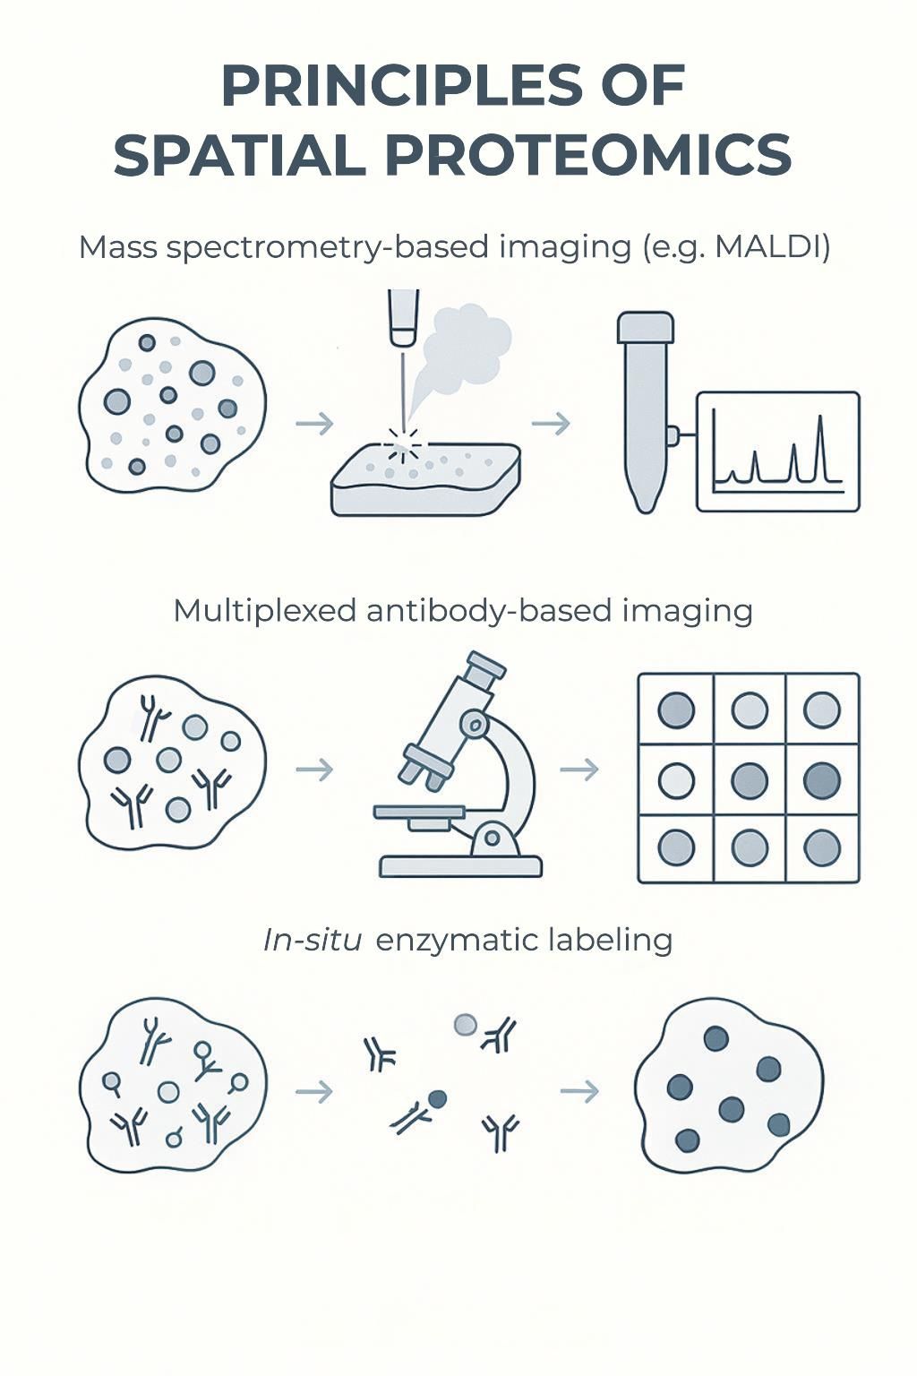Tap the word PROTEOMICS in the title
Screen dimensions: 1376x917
(x=588, y=155)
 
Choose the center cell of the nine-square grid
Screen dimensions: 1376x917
(x=749, y=779)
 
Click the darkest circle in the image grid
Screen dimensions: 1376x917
(x=821, y=779)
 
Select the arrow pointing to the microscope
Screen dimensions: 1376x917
(x=314, y=769)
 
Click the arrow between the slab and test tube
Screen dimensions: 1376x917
(x=551, y=424)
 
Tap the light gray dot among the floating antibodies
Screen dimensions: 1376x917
(x=465, y=1024)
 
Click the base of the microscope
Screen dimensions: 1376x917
(x=460, y=865)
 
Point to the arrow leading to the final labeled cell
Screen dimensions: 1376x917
(x=578, y=1090)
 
